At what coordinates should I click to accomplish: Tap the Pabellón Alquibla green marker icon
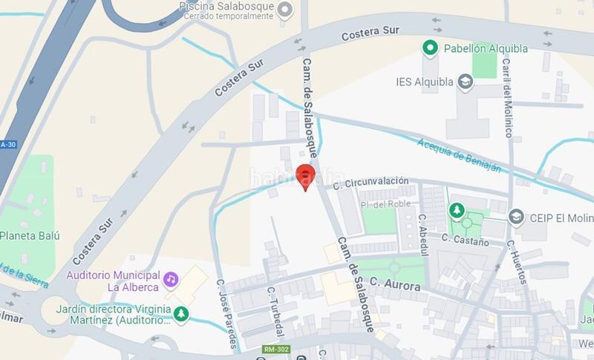pos(429,49)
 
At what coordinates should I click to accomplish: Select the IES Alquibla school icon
pos(466,82)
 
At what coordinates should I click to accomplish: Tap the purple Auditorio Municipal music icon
pos(171,279)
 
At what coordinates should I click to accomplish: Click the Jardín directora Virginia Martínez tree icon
pos(180,315)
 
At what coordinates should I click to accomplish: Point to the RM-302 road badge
pos(276,349)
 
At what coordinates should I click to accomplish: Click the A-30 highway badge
pos(8,144)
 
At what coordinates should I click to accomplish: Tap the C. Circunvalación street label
pos(371,181)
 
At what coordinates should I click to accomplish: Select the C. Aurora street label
pos(396,283)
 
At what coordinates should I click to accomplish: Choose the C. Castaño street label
pos(466,240)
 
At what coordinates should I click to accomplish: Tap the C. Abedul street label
pos(424,235)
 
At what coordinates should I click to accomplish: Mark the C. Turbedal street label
pos(277,311)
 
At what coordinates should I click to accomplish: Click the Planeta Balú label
pos(30,236)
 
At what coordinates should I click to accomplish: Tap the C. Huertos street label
pos(518,261)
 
